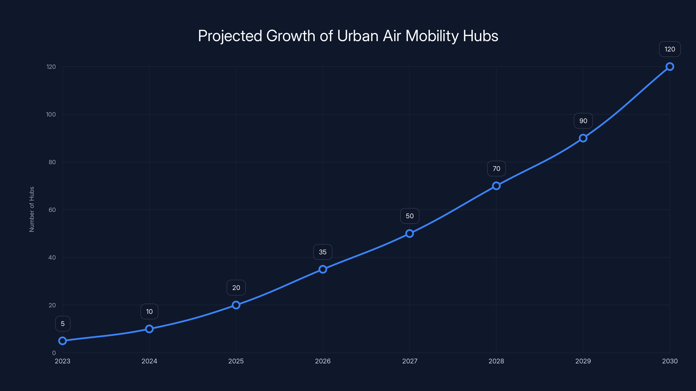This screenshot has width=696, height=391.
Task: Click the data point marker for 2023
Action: click(62, 341)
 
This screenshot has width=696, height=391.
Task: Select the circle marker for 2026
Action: click(323, 269)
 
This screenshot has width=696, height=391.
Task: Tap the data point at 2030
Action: click(669, 67)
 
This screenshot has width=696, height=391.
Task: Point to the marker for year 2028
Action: click(496, 186)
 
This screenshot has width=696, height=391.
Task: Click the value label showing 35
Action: click(323, 252)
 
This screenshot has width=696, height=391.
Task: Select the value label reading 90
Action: click(583, 121)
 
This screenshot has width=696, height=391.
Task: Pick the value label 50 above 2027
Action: click(410, 216)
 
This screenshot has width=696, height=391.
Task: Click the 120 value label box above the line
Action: click(669, 49)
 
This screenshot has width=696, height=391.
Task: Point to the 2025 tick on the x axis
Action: click(236, 361)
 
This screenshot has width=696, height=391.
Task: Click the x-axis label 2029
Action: click(583, 361)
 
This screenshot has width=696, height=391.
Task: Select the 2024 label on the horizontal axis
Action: click(149, 361)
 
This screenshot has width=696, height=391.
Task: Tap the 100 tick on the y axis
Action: click(51, 114)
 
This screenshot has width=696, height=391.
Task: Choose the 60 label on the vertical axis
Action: click(52, 210)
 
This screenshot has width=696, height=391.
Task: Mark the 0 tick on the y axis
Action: click(54, 353)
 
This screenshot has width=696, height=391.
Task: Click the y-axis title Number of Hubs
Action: click(32, 209)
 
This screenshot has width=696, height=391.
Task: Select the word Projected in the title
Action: click(230, 36)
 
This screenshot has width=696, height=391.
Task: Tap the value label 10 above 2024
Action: click(149, 312)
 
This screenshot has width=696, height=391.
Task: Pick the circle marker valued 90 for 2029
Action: click(583, 138)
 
